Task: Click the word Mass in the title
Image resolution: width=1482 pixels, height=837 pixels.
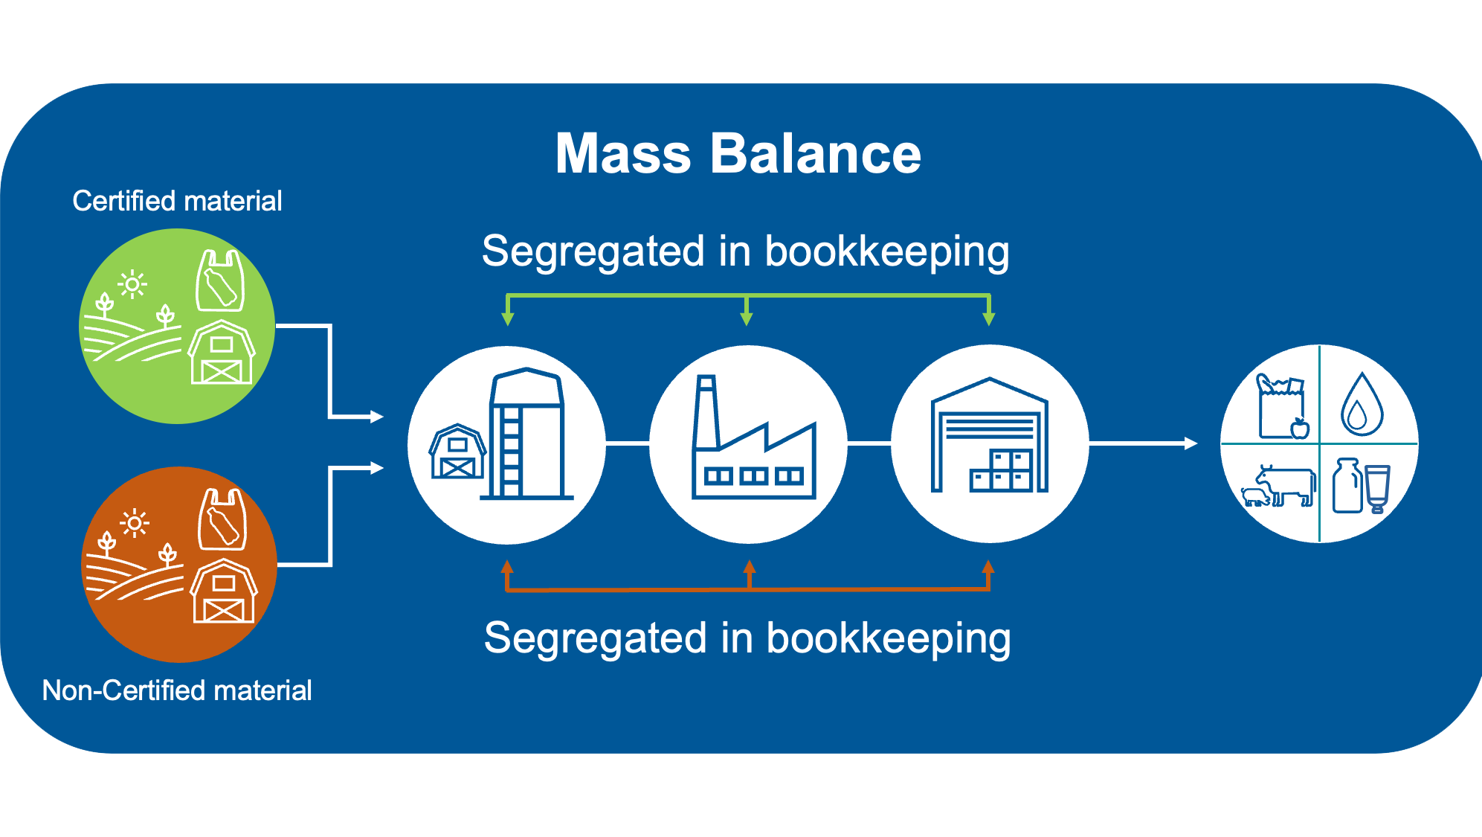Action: (623, 154)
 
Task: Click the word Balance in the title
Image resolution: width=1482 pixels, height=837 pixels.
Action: (816, 154)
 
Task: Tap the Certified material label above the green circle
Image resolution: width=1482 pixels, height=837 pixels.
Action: (177, 201)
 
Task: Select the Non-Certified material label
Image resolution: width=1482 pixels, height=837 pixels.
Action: (177, 690)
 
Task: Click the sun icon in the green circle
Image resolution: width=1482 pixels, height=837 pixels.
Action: (132, 284)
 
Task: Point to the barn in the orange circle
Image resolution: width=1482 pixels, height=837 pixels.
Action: (224, 591)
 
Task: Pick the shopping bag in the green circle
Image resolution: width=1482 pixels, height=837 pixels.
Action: (220, 281)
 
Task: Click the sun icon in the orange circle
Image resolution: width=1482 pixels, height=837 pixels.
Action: (135, 524)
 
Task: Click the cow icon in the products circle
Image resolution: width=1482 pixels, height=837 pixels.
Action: (1285, 485)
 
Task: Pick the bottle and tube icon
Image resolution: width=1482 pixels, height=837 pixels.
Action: (1361, 486)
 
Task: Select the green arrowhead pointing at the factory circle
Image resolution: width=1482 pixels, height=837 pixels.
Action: (747, 318)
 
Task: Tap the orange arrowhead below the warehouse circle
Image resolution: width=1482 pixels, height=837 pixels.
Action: (988, 567)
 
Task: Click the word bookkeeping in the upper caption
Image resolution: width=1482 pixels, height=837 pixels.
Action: (886, 251)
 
